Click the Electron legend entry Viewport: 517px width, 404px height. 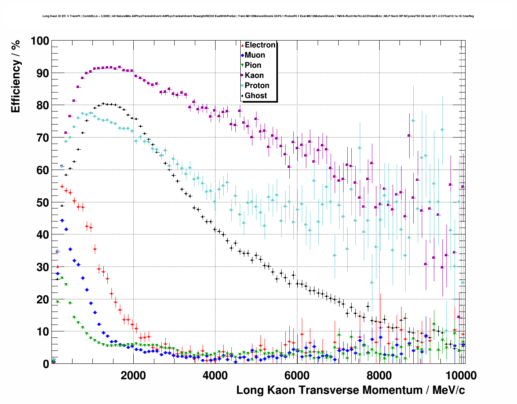click(260, 45)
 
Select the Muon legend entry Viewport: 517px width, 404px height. click(255, 55)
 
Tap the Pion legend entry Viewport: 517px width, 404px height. click(253, 65)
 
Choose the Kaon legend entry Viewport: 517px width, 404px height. click(254, 75)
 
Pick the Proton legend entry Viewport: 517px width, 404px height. click(257, 86)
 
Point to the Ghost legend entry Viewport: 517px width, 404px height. click(256, 96)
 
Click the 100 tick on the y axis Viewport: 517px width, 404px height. click(39, 41)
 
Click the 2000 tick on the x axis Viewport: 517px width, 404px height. click(133, 375)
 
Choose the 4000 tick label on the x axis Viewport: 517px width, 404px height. click(215, 375)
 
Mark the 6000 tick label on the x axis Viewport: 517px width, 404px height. click(297, 375)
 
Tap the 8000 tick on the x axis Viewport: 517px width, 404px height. click(379, 375)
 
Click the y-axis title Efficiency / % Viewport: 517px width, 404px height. click(16, 76)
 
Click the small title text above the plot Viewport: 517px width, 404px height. click(258, 16)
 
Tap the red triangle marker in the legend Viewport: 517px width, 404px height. click(242, 45)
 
